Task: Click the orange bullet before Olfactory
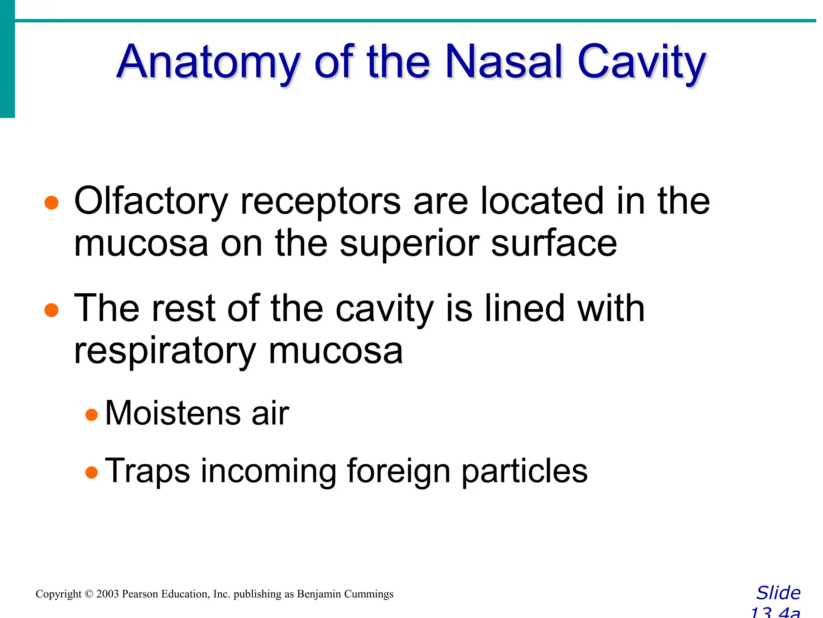pos(51,203)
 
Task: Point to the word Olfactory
pos(151,201)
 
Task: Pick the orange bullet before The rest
pos(51,310)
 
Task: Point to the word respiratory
pos(165,352)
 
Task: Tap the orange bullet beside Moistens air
pos(92,414)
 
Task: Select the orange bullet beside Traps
pos(92,472)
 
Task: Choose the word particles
pos(524,471)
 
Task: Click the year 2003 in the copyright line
pos(108,594)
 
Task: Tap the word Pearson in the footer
pos(140,594)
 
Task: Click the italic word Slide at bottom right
pos(778,593)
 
